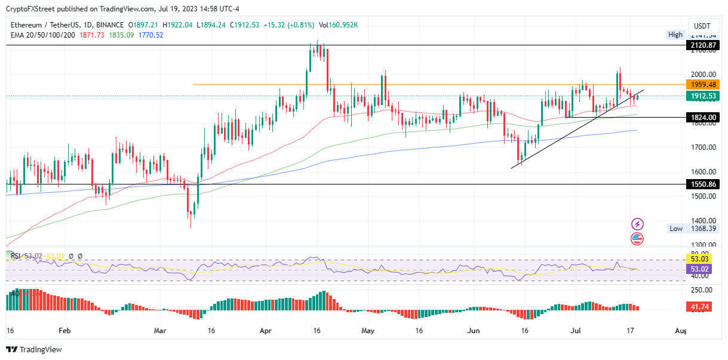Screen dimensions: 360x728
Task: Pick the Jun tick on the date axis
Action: coord(473,330)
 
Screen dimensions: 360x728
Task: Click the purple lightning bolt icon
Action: coord(637,224)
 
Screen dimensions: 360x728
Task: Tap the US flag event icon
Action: coord(637,239)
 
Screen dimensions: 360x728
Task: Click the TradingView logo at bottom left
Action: coord(35,349)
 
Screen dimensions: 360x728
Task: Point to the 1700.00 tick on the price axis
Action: coord(702,147)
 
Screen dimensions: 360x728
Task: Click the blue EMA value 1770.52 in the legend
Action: coord(150,35)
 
